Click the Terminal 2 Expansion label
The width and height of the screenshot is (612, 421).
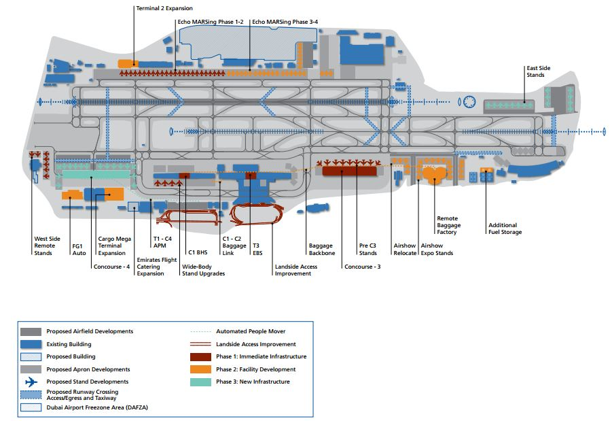164,8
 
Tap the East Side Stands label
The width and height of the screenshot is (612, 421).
535,71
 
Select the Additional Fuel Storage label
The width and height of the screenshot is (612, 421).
505,229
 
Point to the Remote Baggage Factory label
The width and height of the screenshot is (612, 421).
448,225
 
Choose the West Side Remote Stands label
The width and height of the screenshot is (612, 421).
47,246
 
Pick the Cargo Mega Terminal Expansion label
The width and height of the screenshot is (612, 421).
112,246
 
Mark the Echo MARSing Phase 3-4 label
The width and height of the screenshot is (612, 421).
285,22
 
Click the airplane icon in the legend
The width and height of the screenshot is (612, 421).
31,382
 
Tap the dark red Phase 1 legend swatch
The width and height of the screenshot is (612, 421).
202,356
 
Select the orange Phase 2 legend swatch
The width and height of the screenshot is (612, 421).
202,369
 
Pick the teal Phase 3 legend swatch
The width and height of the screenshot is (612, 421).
202,382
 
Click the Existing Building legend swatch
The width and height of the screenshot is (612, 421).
31,344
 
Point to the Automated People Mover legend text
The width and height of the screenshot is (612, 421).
251,331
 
